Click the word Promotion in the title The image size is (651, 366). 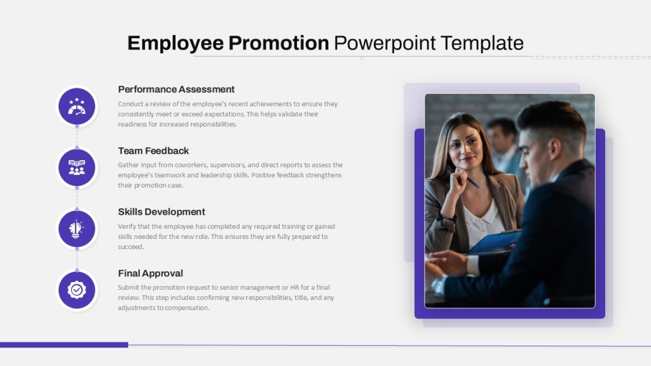click(x=278, y=43)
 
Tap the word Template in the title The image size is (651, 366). click(x=482, y=43)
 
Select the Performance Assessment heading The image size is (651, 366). click(x=176, y=90)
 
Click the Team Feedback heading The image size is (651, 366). click(x=153, y=151)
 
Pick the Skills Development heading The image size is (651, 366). click(x=161, y=212)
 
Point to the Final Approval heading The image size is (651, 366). click(x=150, y=273)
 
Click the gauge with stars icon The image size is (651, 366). click(x=77, y=106)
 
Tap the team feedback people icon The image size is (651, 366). click(x=77, y=168)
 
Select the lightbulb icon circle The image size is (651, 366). click(x=77, y=229)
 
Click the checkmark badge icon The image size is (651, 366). click(x=77, y=290)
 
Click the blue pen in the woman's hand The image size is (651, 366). click(x=472, y=182)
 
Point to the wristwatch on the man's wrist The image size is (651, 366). click(x=439, y=286)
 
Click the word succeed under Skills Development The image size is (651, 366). click(x=131, y=247)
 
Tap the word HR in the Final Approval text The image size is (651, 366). click(x=294, y=287)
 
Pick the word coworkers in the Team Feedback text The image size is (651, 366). click(x=191, y=165)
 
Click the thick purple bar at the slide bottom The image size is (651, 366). click(x=64, y=345)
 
